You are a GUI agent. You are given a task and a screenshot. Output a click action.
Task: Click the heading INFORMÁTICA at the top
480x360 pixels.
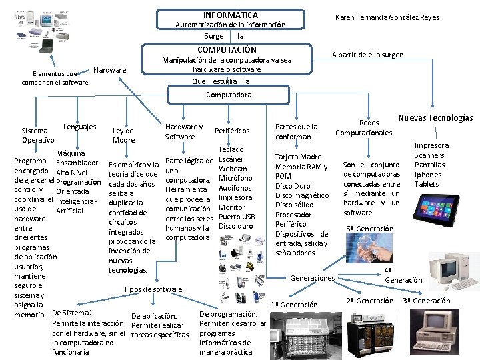(230, 15)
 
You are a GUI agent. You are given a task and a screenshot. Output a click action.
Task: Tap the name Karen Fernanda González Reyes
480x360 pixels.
(387, 17)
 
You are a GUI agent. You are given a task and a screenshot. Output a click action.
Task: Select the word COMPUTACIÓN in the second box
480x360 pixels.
(227, 49)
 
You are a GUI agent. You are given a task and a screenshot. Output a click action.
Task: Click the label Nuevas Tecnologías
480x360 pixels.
(435, 117)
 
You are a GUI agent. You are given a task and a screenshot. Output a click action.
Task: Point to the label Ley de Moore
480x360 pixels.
(123, 135)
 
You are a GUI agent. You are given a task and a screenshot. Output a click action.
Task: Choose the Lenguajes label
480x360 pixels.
(79, 127)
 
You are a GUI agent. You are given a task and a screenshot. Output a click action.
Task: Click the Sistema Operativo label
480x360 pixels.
(38, 135)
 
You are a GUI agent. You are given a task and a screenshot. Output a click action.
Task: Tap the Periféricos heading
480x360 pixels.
(232, 131)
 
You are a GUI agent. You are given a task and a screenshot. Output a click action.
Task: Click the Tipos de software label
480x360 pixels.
(153, 289)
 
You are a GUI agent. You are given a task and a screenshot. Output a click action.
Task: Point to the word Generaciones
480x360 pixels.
(313, 277)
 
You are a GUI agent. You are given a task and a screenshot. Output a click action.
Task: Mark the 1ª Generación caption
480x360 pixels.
(294, 305)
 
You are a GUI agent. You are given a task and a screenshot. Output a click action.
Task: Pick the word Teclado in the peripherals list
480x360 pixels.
(231, 150)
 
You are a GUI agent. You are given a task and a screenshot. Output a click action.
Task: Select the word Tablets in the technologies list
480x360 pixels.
(427, 183)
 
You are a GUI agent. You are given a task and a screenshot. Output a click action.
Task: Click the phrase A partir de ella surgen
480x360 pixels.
(367, 55)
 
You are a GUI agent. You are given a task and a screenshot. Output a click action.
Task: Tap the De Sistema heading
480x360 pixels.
(69, 312)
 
